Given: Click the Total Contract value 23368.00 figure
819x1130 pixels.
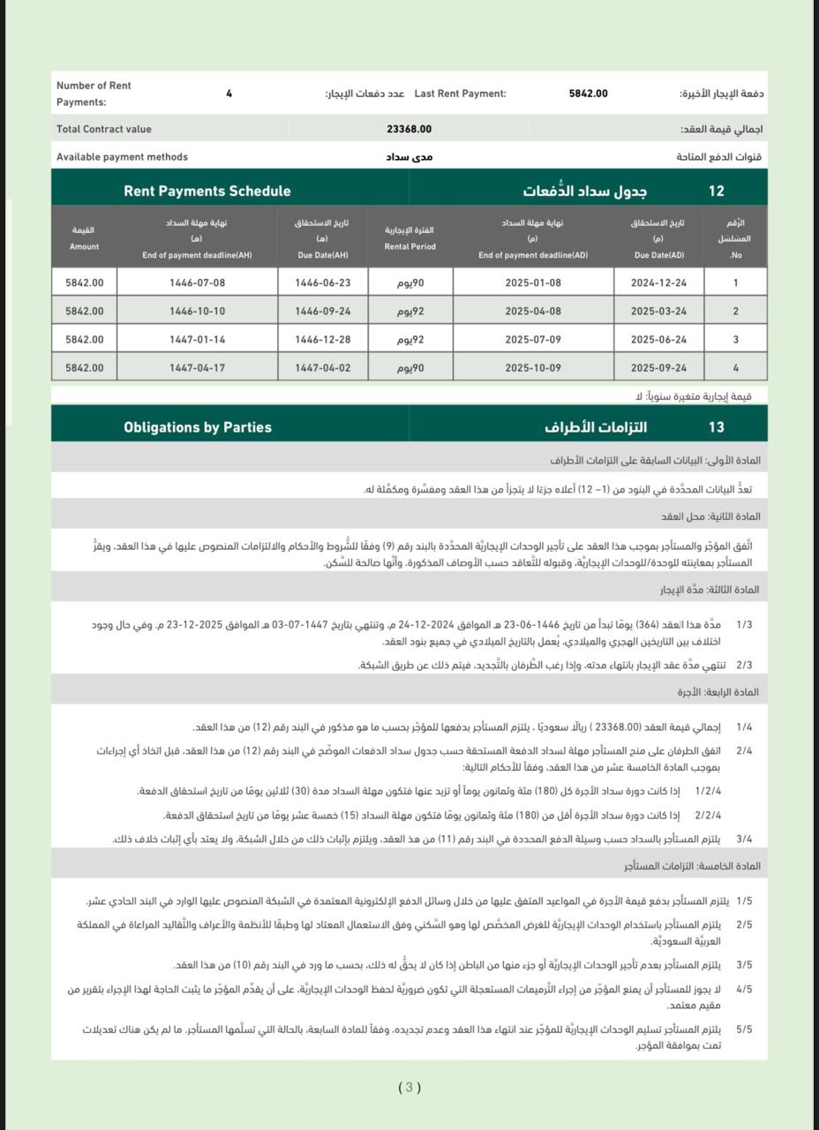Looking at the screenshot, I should point(409,129).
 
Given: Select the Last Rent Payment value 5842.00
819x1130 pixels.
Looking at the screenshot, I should point(588,94).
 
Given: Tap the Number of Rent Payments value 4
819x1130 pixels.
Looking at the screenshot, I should point(229,94).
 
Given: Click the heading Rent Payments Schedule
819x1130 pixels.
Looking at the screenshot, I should point(207,191).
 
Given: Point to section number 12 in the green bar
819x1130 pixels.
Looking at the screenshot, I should point(716,191).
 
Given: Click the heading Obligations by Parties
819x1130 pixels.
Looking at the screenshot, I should point(198,427).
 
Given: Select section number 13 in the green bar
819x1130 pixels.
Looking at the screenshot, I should point(716,427).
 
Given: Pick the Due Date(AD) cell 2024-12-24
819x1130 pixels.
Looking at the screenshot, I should point(660,283).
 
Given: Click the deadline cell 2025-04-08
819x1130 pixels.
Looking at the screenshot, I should point(532,312).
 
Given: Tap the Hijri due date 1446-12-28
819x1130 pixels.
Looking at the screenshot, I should point(322,340).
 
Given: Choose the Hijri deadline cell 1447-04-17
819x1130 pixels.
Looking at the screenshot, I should point(197,368).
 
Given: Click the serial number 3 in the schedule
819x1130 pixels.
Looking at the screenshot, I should point(735,340).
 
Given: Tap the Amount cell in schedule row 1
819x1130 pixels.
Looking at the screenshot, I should point(84,283).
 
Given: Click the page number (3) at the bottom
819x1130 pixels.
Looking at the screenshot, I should point(409,1088).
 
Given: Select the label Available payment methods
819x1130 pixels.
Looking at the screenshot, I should point(122,157).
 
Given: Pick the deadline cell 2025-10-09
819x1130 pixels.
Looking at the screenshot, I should point(532,368).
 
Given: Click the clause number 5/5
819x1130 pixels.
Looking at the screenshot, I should point(743,1029).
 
